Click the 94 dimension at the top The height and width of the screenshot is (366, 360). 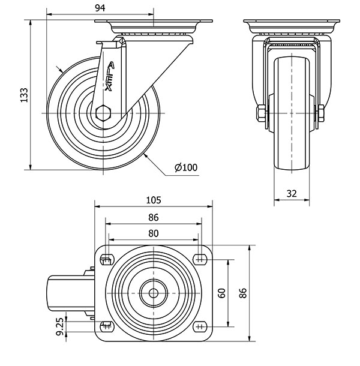[x=100, y=7]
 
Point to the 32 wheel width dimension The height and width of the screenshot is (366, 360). [x=292, y=193]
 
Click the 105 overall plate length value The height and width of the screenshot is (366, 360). [x=154, y=200]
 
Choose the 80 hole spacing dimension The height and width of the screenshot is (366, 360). [x=154, y=233]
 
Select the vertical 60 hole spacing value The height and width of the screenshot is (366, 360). [x=221, y=293]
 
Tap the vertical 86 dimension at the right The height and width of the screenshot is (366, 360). [x=243, y=293]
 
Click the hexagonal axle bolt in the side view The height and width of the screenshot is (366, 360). [x=104, y=113]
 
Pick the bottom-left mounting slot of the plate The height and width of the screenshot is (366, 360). [x=108, y=326]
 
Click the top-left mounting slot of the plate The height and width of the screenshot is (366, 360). [x=108, y=259]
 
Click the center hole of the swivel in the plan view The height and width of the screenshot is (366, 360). [x=154, y=293]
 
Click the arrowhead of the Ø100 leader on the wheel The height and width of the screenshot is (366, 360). [x=145, y=157]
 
